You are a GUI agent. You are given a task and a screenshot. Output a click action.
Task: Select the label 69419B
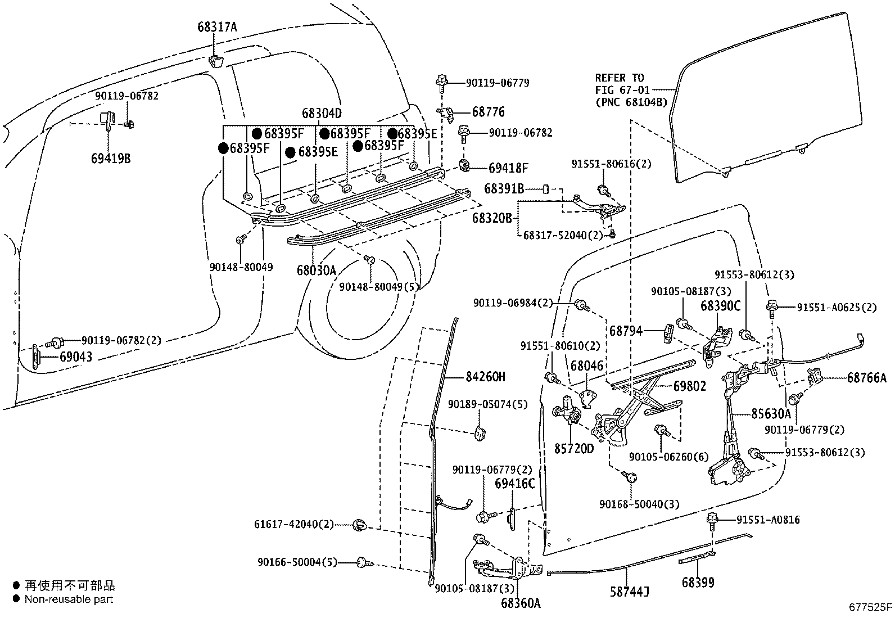(110, 158)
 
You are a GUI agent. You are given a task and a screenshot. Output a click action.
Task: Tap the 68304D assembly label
(322, 113)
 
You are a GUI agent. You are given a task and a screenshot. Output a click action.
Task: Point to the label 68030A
(317, 271)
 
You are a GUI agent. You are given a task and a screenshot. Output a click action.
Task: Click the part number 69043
(76, 357)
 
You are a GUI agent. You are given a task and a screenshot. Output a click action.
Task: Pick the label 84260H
(485, 377)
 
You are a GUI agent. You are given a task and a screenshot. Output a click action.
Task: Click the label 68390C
(720, 306)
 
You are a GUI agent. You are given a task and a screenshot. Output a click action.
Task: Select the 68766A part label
(866, 378)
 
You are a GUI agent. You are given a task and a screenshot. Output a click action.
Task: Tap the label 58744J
(630, 592)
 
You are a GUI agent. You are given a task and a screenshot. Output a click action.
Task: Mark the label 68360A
(521, 603)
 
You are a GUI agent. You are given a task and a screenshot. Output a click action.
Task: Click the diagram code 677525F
(870, 607)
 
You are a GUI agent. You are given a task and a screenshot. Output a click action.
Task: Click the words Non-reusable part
(69, 599)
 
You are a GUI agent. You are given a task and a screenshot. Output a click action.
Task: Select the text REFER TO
(620, 78)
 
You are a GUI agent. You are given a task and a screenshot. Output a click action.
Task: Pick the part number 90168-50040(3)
(639, 504)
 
